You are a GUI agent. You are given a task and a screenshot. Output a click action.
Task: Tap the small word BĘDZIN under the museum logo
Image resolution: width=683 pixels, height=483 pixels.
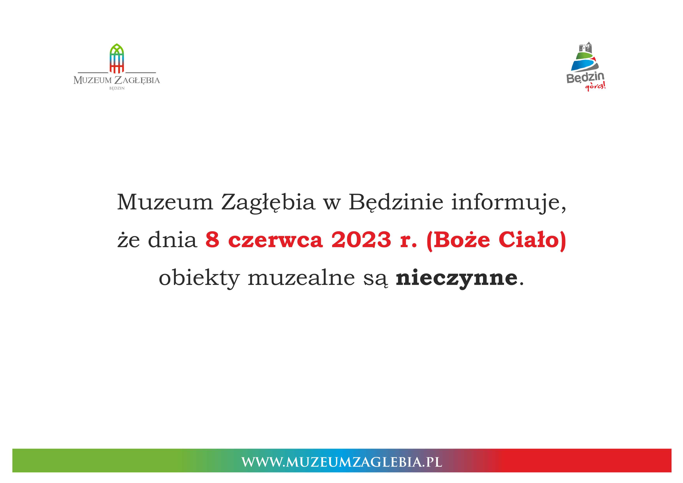pos(117,88)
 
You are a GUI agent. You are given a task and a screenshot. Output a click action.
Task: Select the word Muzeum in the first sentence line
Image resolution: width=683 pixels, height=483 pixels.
pos(165,202)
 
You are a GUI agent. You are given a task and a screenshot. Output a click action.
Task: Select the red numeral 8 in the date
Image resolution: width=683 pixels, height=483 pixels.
pos(212,240)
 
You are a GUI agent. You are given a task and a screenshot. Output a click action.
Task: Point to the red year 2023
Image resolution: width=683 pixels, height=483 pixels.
pos(361,240)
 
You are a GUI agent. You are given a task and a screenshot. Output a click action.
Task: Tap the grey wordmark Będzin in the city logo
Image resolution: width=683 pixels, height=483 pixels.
pos(585,78)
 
